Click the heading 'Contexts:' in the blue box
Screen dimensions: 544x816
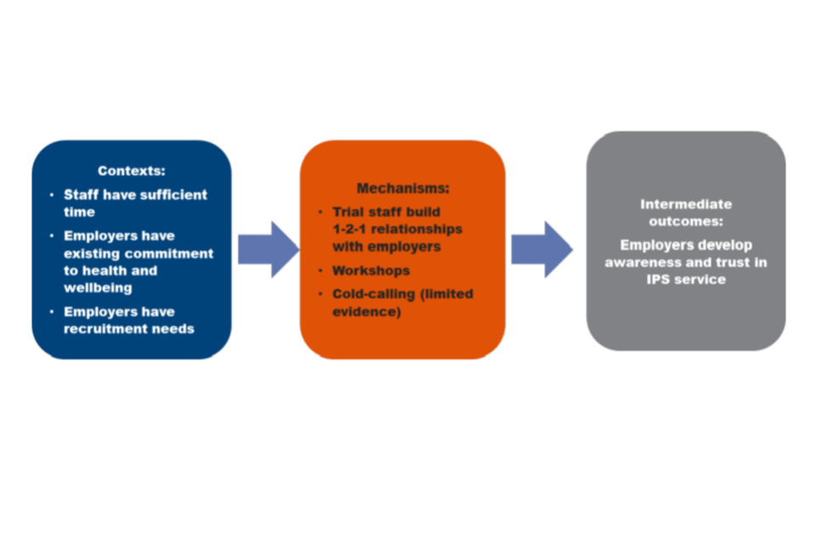[x=132, y=171]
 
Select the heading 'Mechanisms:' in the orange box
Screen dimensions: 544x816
[x=403, y=188]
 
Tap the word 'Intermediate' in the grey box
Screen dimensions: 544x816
[x=686, y=204]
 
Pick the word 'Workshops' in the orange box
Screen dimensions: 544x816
[x=371, y=270]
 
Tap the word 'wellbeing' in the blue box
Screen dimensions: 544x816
[x=98, y=288]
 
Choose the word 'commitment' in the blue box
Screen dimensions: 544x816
[x=175, y=253]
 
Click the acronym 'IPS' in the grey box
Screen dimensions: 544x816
[x=659, y=278]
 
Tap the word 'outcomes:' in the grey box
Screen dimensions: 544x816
[x=685, y=221]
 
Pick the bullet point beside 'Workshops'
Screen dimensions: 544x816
[x=320, y=270]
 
